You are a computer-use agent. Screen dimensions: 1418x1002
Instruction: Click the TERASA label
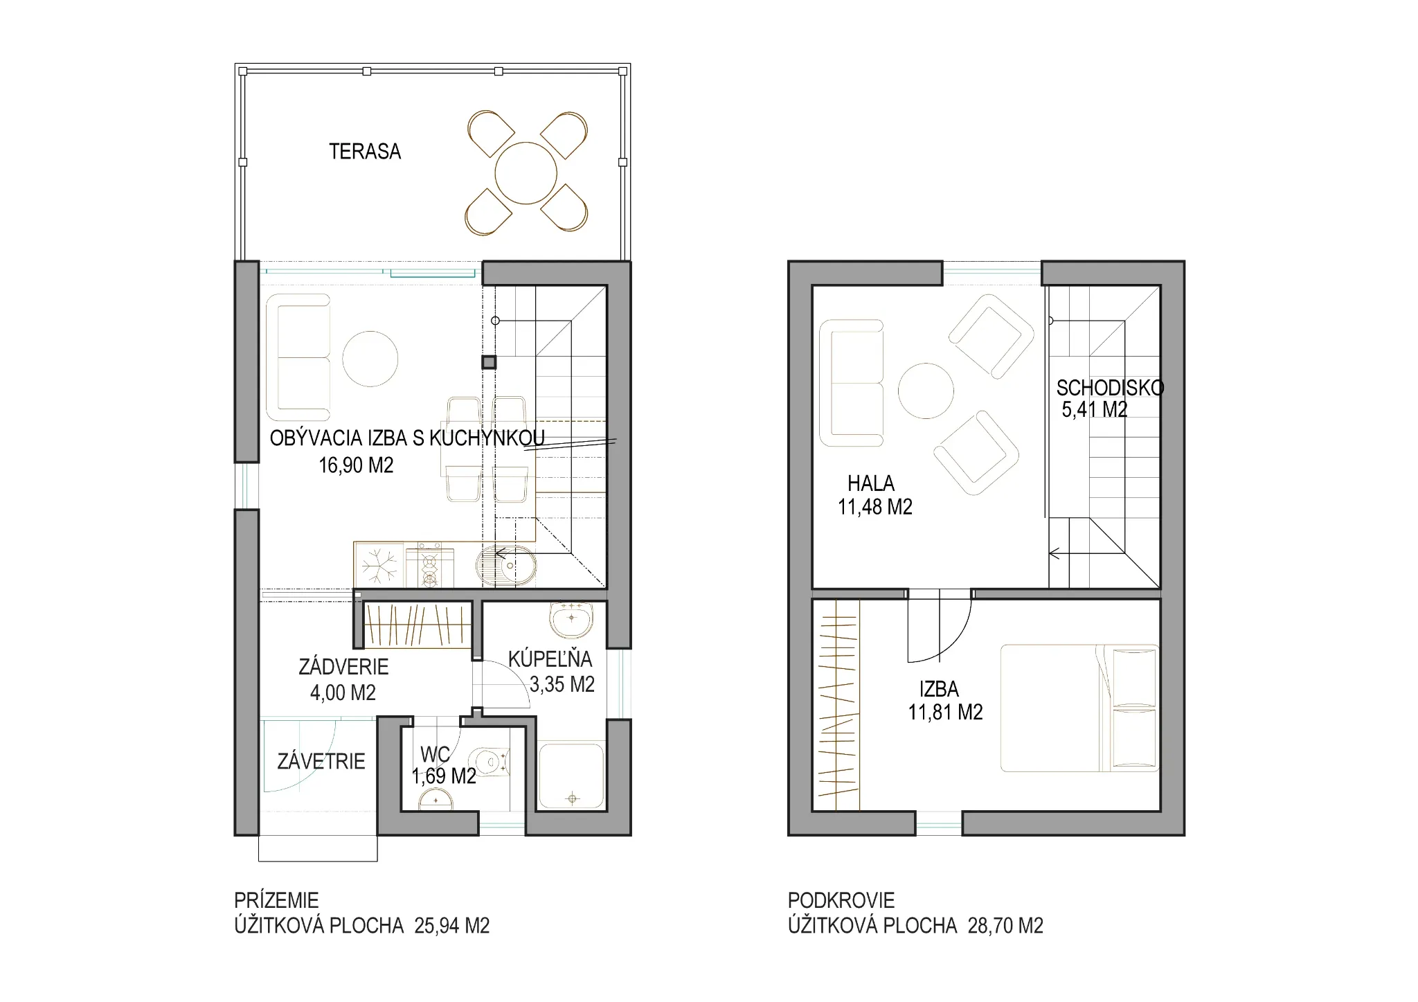[365, 152]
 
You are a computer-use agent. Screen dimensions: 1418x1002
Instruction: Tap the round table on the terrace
[526, 173]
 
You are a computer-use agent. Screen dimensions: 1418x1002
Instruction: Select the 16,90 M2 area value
[356, 465]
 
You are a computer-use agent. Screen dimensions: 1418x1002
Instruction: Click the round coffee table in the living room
[370, 359]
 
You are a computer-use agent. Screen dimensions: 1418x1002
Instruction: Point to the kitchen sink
[506, 566]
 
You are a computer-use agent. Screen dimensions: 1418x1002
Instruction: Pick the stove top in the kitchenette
[430, 565]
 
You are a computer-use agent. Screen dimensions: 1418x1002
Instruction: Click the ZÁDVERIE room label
[343, 667]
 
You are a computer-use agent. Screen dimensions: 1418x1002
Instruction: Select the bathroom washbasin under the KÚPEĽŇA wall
[571, 619]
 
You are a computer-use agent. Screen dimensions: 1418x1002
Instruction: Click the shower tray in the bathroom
[571, 776]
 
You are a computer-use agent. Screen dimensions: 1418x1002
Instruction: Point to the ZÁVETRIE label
[321, 762]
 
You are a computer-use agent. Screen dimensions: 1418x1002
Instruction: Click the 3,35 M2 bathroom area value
[562, 685]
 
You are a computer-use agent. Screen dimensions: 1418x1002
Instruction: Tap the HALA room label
[871, 483]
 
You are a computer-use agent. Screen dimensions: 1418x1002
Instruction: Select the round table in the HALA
[926, 391]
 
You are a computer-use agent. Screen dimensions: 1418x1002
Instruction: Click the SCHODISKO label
[1110, 388]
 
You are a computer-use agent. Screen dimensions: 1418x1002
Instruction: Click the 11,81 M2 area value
[946, 713]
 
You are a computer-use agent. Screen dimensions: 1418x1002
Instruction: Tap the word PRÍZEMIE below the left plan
[276, 900]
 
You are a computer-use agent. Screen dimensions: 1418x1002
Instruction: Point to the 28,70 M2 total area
[1005, 926]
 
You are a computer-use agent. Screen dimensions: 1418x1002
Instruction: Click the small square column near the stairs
[490, 362]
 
